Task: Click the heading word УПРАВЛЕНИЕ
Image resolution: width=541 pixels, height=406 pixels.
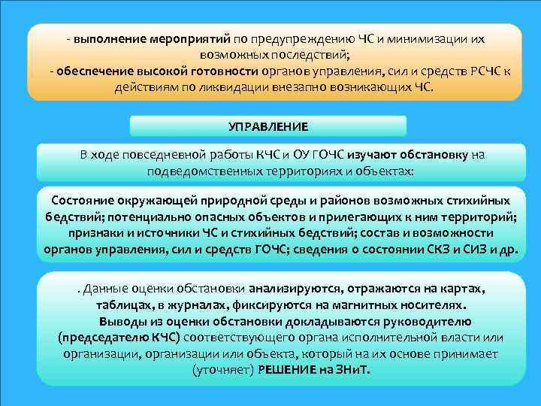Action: coord(268,126)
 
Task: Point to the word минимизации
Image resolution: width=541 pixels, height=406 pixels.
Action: coord(431,38)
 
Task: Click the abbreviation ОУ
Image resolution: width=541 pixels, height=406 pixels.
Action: coord(294,155)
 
